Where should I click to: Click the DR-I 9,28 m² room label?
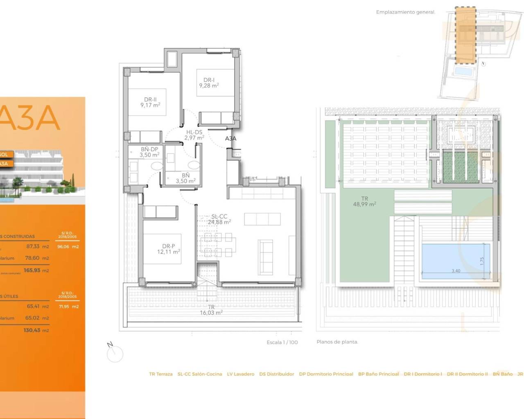coord(209,83)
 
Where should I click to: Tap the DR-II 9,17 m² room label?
coord(150,102)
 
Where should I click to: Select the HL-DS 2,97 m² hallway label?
coord(194,135)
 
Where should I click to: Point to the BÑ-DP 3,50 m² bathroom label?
coord(149,152)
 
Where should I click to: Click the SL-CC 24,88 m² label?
coord(219,219)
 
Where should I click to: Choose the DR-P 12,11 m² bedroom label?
coord(168,249)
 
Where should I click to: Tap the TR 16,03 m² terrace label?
coord(211,310)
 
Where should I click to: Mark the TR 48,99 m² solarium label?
coord(364,201)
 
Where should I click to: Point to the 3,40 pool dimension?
coord(456,271)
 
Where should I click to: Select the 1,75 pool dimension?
coord(482,261)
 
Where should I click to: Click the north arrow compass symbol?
coord(115,353)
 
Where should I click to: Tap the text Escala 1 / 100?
coord(282,342)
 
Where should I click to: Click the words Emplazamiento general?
coord(405,12)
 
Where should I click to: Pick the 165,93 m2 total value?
coord(36,270)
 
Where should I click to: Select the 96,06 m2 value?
coord(68,247)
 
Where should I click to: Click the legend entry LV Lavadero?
coord(240,374)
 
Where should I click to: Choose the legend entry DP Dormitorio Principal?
coord(326,374)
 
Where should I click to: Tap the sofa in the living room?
coord(266,257)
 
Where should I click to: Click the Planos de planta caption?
coord(337,342)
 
